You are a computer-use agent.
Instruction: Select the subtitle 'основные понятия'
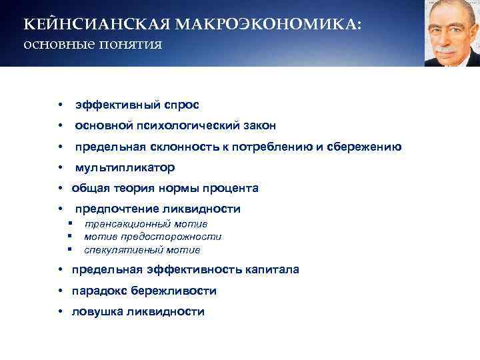[x=93, y=46]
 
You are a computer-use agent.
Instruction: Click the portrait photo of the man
[x=451, y=33]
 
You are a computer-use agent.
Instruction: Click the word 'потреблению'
[x=269, y=147]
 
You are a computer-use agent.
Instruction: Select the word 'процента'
[x=233, y=188]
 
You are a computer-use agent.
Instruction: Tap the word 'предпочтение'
[x=112, y=209]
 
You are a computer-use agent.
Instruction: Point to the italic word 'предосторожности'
[x=179, y=237]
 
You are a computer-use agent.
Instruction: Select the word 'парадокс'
[x=99, y=291]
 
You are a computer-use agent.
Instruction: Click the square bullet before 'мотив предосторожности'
[x=69, y=237]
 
